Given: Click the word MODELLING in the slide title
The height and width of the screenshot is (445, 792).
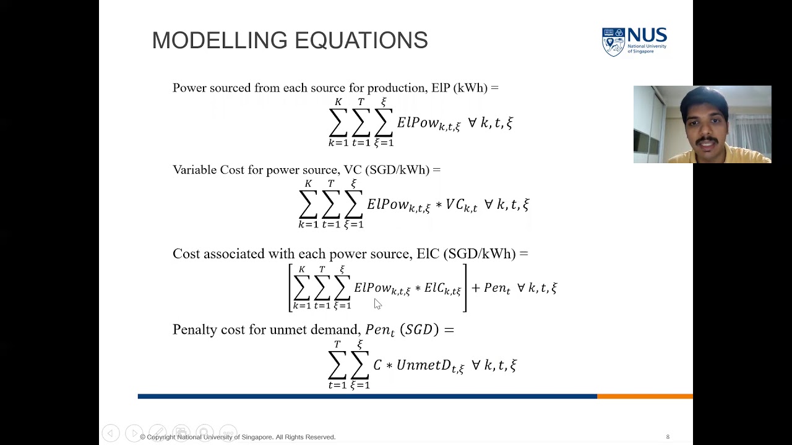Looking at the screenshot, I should point(220,41).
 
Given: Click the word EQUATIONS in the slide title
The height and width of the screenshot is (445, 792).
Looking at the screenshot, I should point(361,41).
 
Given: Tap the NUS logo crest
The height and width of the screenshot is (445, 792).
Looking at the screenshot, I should point(613,42).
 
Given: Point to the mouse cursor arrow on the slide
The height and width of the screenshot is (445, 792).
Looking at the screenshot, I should point(377,303).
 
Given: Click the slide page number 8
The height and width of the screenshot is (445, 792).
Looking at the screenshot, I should point(668,437).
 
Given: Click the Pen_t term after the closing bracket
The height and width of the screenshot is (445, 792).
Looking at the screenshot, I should point(496,288).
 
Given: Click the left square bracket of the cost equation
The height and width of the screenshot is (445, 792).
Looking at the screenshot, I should point(290,288).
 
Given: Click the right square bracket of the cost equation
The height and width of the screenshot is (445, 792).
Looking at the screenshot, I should point(465,288).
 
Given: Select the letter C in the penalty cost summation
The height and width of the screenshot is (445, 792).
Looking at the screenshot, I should point(377,365).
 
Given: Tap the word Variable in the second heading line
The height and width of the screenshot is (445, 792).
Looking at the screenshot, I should point(194,170).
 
